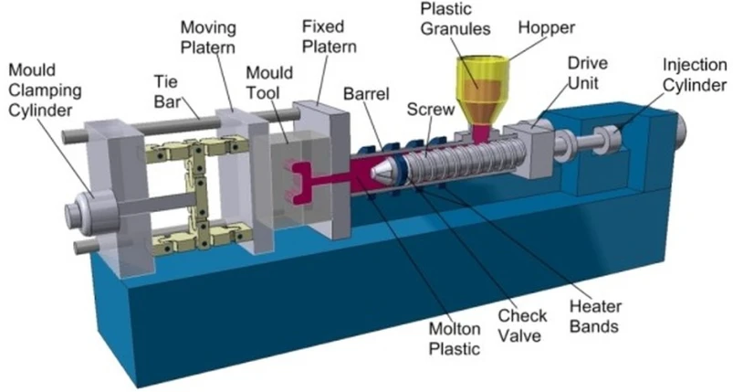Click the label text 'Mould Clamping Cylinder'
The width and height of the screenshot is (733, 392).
click(45, 90)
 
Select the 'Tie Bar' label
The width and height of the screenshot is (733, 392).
click(166, 91)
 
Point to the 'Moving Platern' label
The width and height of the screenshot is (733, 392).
click(208, 37)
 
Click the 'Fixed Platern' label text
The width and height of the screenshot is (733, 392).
click(330, 36)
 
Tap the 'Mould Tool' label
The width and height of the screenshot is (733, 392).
click(269, 83)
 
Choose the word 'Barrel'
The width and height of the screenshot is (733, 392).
click(366, 93)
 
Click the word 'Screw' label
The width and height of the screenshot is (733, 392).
click(431, 110)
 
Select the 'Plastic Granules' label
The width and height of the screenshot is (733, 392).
click(456, 19)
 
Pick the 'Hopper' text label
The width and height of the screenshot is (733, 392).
click(546, 28)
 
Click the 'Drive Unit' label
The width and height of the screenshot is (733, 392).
click(588, 73)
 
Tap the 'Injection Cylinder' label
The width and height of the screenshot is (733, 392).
click(695, 75)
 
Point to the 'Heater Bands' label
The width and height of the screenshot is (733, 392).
click(595, 316)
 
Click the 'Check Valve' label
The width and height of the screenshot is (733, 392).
click(522, 325)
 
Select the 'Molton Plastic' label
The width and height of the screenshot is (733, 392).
click(455, 339)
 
